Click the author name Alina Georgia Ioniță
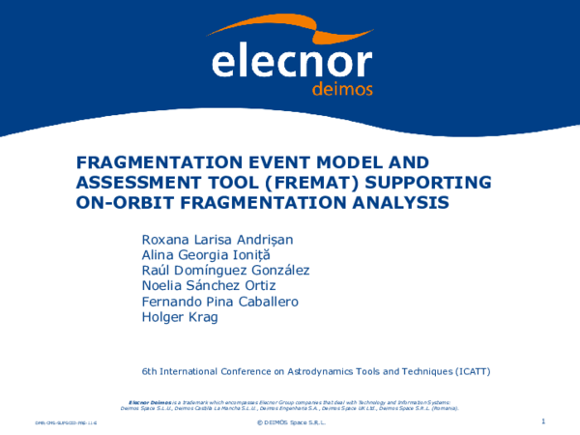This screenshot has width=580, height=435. (206, 255)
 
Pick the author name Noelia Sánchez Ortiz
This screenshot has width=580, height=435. (209, 286)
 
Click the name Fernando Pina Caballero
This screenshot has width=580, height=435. (219, 302)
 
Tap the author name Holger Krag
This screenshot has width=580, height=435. (180, 317)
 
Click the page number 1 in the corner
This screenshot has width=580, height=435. (544, 421)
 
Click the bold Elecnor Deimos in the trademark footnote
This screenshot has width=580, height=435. (150, 400)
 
